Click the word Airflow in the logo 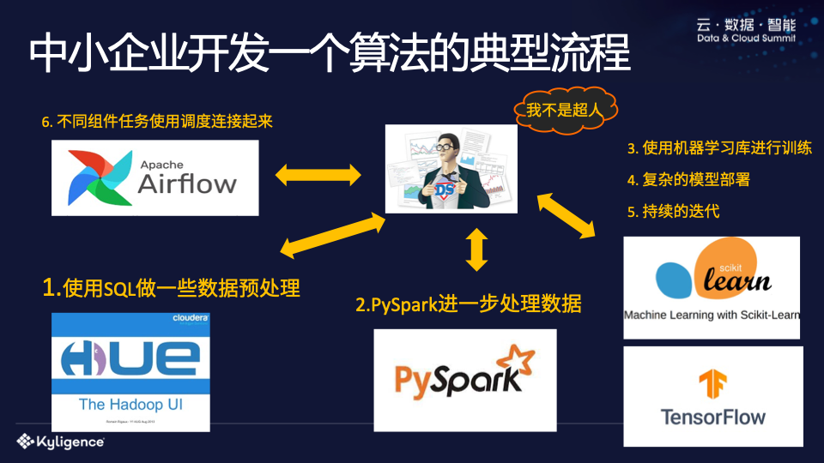point(187,184)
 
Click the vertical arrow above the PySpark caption point(477,249)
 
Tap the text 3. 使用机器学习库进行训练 point(719,148)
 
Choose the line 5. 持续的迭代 point(674,211)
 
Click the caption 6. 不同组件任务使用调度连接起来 point(157,121)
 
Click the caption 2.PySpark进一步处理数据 point(469,304)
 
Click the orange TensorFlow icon point(712,385)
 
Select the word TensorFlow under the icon point(712,418)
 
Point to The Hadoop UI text point(130,403)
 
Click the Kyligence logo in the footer point(60,442)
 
